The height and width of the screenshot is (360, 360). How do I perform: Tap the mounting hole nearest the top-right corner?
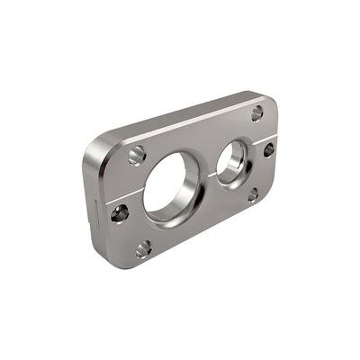257,112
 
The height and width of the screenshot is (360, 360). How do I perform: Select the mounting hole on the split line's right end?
268,149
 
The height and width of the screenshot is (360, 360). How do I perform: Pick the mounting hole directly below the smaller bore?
253,193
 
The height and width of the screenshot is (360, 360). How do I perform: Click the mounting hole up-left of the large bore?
137,156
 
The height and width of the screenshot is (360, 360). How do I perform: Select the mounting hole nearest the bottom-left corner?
143,249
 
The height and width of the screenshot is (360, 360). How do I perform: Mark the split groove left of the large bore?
135,200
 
